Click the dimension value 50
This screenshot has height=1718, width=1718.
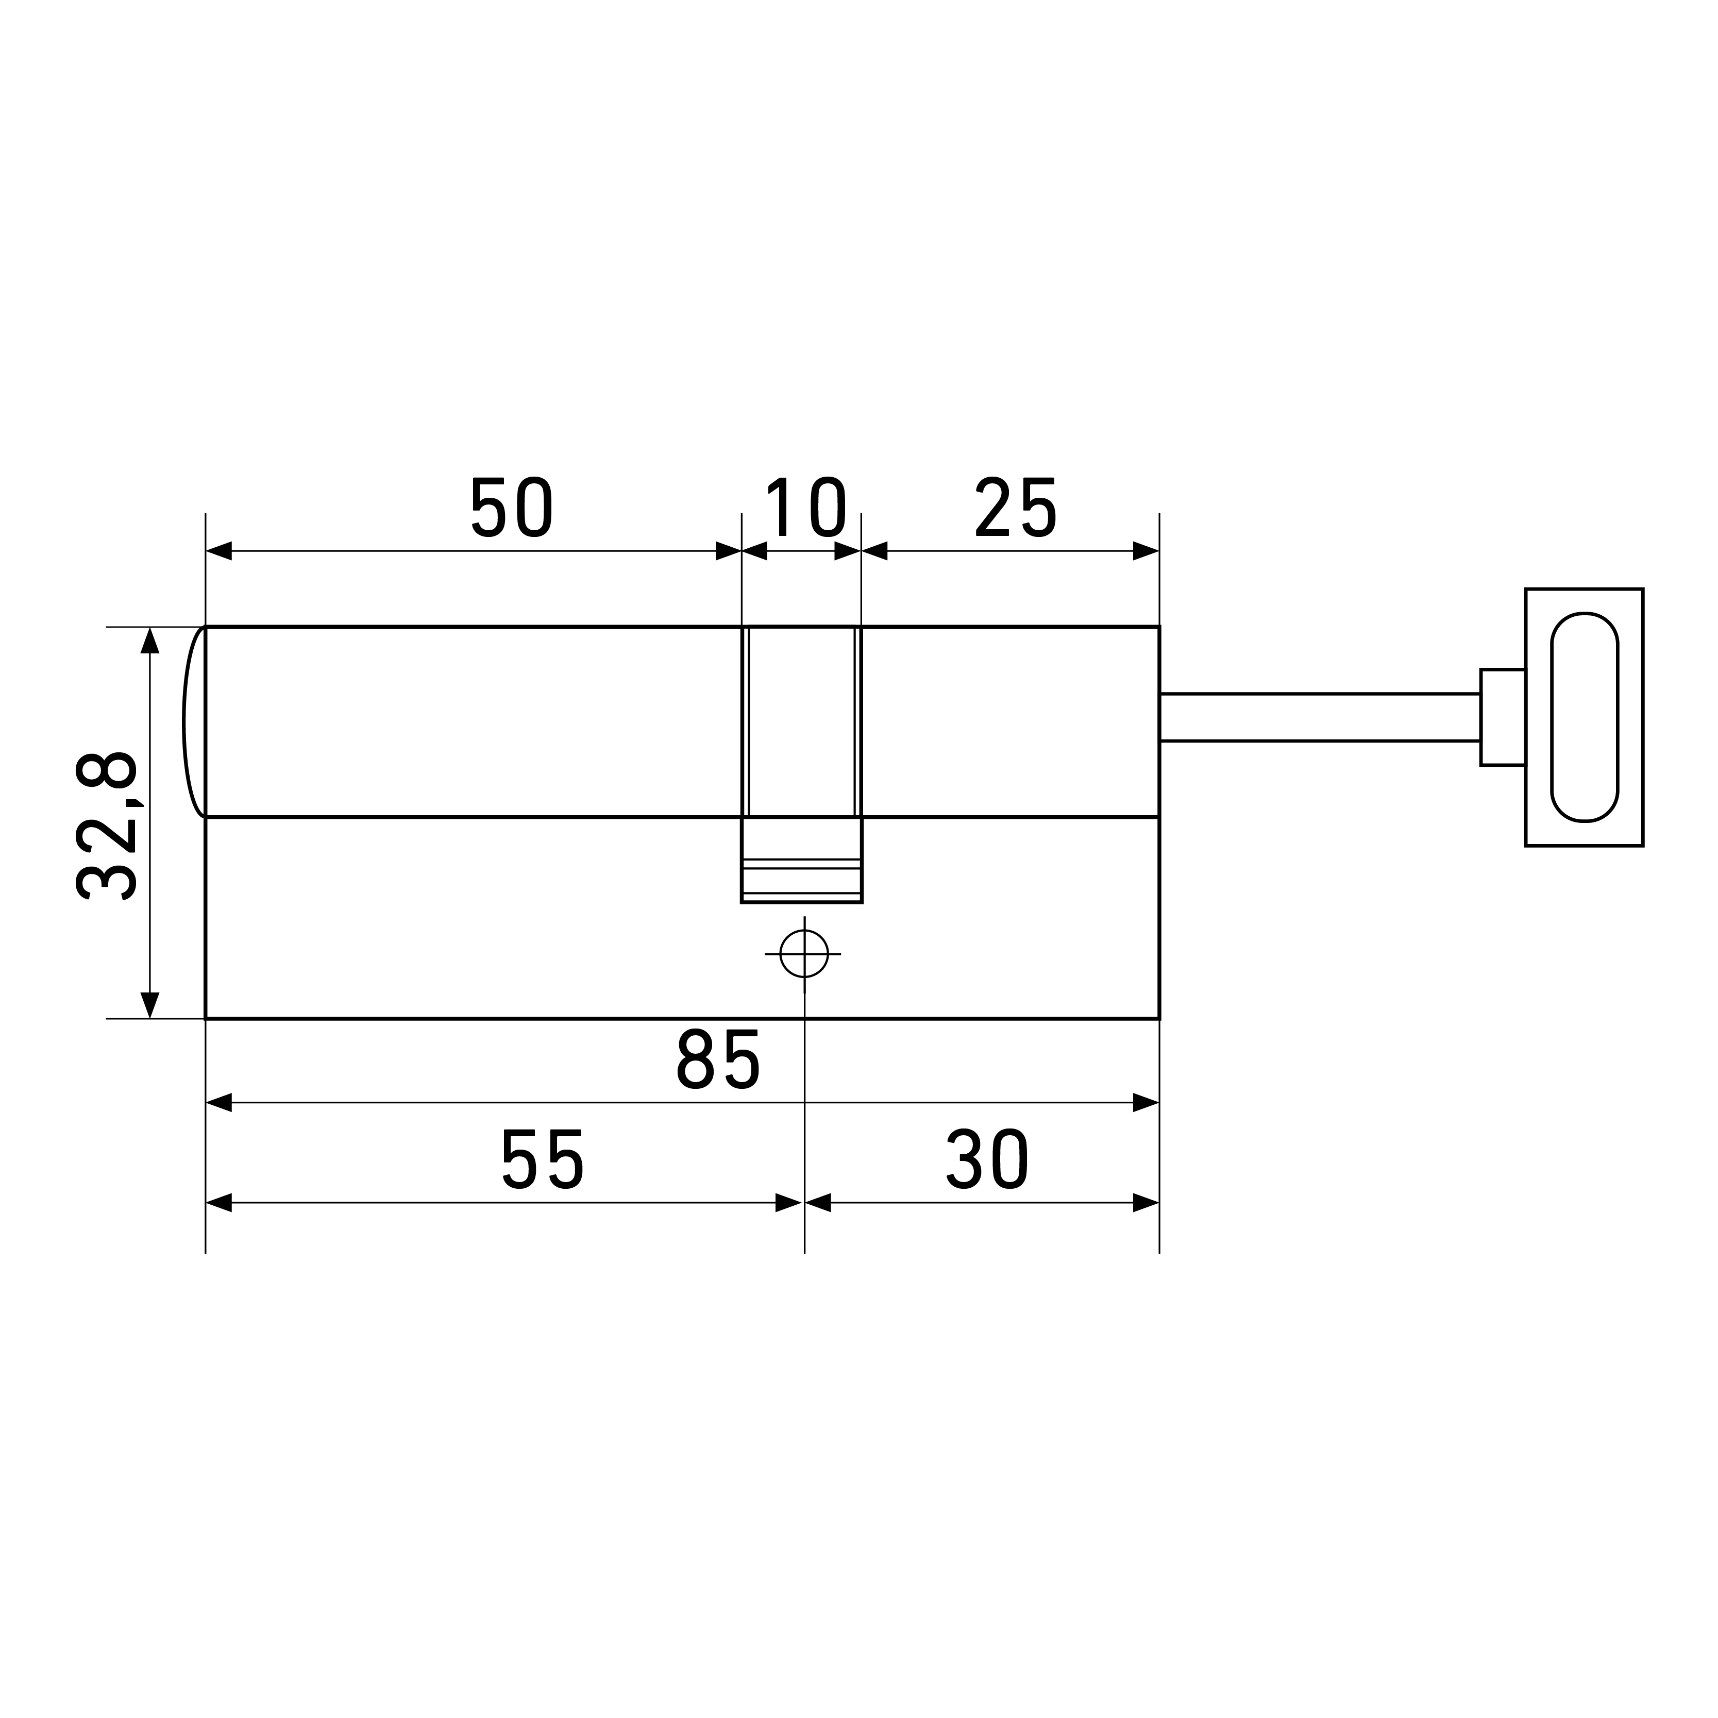[512, 508]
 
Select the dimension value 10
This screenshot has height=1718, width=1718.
[805, 508]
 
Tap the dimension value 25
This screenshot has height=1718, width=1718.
[1016, 508]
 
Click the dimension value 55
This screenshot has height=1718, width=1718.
[543, 1159]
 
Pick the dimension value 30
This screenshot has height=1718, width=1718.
[987, 1159]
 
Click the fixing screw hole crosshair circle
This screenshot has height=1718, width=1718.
[804, 954]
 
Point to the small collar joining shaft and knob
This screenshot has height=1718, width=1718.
[1502, 717]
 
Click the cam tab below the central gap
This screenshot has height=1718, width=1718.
[801, 860]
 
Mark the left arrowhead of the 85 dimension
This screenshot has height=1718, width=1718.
[219, 1103]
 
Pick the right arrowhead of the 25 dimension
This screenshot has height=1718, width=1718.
[1146, 551]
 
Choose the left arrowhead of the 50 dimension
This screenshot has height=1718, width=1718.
[219, 551]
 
